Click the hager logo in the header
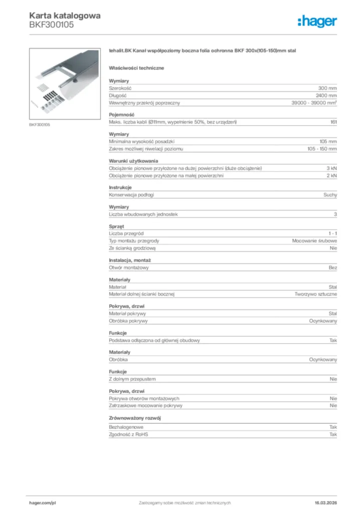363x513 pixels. pos(317,21)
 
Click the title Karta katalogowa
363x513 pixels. pos(65,16)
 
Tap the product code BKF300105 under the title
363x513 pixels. pos(52,25)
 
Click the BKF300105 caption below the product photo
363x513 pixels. pos(39,124)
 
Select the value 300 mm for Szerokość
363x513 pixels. pos(327,88)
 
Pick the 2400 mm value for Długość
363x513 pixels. pos(326,95)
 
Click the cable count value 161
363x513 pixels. pos(333,122)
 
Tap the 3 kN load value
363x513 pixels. pos(331,168)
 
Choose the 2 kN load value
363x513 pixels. pos(331,176)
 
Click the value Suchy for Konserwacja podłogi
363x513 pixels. pos(330,195)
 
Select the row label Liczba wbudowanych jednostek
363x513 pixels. pos(143,214)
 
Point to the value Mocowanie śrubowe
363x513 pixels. pos(314,241)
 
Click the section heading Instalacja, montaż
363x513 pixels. pos(130,261)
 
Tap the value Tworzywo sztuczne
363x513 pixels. pos(315,294)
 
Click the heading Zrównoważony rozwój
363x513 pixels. pos(135,418)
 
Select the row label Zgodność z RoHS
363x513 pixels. pos(128,434)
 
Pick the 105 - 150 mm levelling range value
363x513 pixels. pos(322,149)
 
